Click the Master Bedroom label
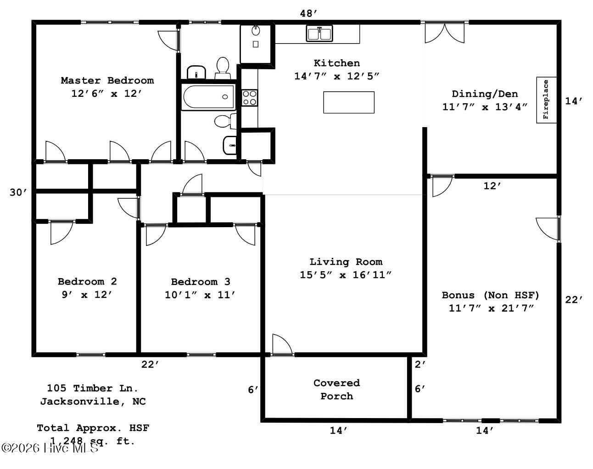click(x=107, y=81)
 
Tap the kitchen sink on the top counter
click(x=319, y=33)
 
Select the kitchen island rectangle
click(x=348, y=102)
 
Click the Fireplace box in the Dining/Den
click(x=546, y=100)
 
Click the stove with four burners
click(x=250, y=98)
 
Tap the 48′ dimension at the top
click(x=308, y=13)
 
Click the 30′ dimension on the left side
click(x=19, y=193)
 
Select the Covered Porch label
click(x=336, y=389)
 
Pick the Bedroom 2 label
click(x=87, y=281)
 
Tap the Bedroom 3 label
click(x=201, y=282)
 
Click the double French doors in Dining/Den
click(x=444, y=33)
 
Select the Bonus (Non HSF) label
click(x=490, y=295)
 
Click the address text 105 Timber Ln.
click(x=92, y=388)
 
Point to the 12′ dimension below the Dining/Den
click(x=492, y=186)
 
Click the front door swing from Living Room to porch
click(x=281, y=345)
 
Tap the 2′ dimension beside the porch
click(x=420, y=365)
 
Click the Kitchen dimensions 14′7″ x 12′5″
click(x=336, y=76)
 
